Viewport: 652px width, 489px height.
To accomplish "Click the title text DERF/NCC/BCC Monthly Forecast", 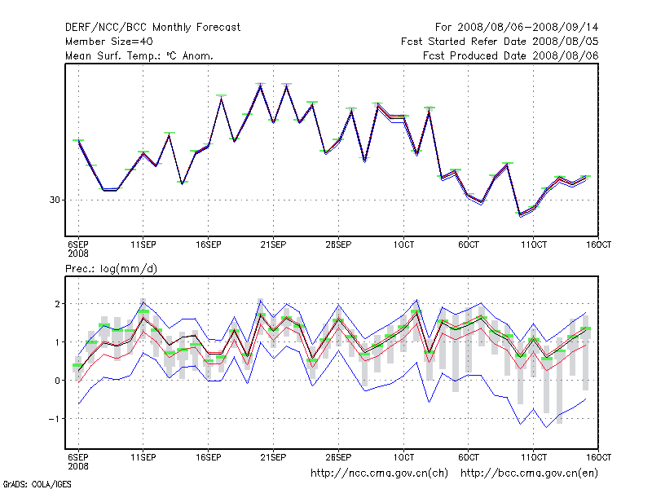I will tap(152, 27).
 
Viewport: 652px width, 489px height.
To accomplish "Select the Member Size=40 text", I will tap(108, 42).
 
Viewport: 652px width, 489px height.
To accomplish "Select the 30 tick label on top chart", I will tap(56, 200).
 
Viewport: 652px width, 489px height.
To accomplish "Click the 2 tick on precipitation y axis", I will tap(57, 304).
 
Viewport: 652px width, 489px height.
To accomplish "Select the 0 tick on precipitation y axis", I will tap(57, 381).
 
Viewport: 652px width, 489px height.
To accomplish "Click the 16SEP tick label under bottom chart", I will tap(209, 457).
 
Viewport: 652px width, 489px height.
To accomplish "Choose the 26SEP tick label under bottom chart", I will tap(338, 457).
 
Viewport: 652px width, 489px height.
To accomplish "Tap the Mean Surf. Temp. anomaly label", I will tap(139, 56).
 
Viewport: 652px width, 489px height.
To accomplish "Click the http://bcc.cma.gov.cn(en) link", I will tap(531, 473).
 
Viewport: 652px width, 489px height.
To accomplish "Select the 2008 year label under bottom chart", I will tap(78, 466).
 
